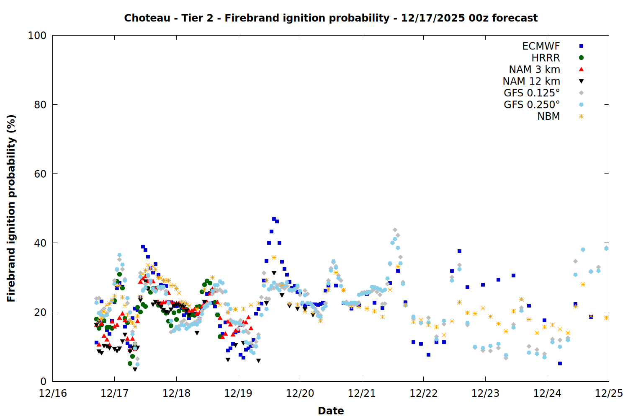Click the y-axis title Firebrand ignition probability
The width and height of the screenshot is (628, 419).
pyautogui.click(x=11, y=208)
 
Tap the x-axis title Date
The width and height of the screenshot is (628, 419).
pyautogui.click(x=331, y=411)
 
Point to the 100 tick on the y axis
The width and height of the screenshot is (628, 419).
pyautogui.click(x=37, y=36)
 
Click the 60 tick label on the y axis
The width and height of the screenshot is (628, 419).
pyautogui.click(x=40, y=174)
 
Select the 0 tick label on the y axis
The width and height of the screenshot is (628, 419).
pyautogui.click(x=43, y=381)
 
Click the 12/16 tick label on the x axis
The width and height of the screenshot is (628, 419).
pyautogui.click(x=53, y=393)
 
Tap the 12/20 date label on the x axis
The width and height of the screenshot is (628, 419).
pyautogui.click(x=300, y=393)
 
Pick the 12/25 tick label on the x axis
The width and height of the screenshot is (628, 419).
pyautogui.click(x=609, y=393)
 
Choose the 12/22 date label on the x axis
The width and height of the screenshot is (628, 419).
pyautogui.click(x=423, y=393)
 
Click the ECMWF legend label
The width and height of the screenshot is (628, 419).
pyautogui.click(x=541, y=46)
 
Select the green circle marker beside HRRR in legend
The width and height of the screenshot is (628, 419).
pyautogui.click(x=581, y=58)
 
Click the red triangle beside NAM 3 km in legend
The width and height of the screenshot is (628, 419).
pyautogui.click(x=581, y=69)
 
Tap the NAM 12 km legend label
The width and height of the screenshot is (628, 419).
pyautogui.click(x=531, y=81)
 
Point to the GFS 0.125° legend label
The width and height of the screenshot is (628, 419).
pyautogui.click(x=532, y=93)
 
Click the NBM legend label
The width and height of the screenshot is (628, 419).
pyautogui.click(x=548, y=116)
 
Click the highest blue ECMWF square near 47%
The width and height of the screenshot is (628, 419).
pyautogui.click(x=274, y=219)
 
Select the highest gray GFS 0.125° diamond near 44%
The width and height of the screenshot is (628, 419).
pyautogui.click(x=395, y=230)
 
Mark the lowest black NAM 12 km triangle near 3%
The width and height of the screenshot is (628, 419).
pyautogui.click(x=135, y=369)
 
